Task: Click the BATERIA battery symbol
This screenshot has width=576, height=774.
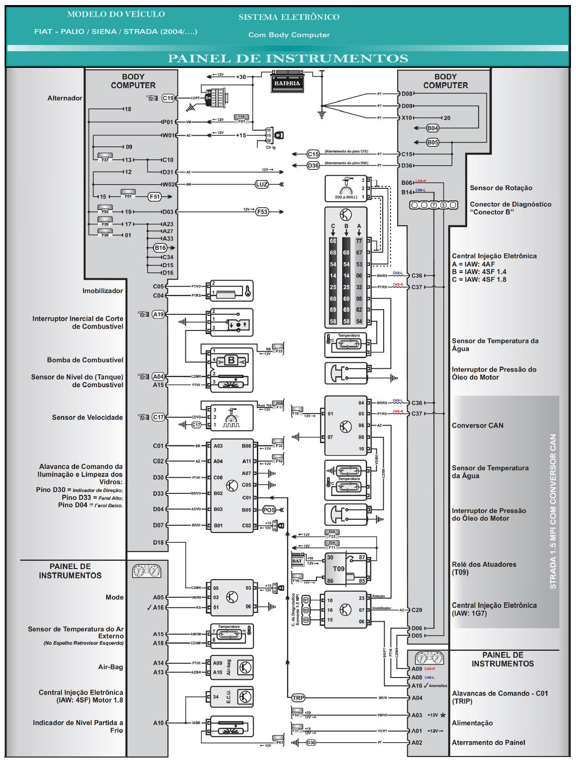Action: click(x=287, y=83)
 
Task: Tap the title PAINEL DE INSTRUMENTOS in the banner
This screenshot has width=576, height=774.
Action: click(x=288, y=59)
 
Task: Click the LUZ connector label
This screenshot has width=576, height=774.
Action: click(x=261, y=184)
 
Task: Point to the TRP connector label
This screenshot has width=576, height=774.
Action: click(x=298, y=697)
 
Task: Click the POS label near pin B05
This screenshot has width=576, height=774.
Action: click(x=268, y=510)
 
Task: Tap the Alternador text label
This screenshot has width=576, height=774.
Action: click(x=65, y=98)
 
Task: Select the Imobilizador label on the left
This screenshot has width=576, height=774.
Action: click(x=102, y=291)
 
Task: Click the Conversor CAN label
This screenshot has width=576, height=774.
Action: click(x=477, y=426)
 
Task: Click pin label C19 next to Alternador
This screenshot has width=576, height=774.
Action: click(x=168, y=98)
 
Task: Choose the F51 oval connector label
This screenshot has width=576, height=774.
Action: click(x=154, y=197)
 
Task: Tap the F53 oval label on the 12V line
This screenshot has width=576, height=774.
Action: click(x=262, y=212)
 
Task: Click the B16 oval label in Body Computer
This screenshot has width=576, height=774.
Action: click(x=160, y=248)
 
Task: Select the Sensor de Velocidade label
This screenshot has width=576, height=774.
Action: click(x=87, y=417)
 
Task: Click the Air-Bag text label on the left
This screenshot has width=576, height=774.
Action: click(x=110, y=667)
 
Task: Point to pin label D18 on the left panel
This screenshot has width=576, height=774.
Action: click(x=158, y=542)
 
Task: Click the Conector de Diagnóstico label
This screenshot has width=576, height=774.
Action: click(x=510, y=208)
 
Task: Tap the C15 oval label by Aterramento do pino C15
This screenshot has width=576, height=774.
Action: click(x=313, y=154)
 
